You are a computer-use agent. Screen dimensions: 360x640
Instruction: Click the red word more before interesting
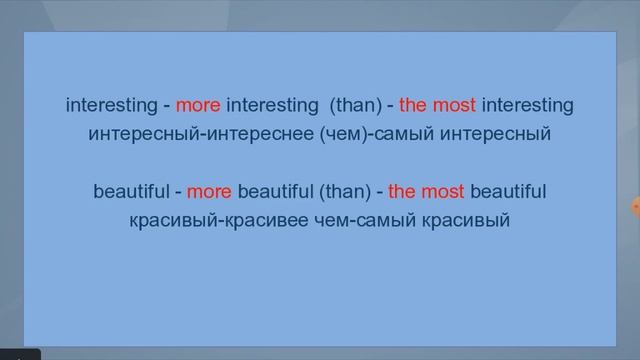tap(198, 105)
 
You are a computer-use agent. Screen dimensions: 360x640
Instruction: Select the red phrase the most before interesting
tap(437, 105)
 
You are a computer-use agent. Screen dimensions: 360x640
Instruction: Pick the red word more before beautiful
tap(209, 191)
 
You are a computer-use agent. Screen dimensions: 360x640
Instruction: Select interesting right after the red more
tap(271, 105)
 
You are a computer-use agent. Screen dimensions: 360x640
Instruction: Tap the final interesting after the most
tap(527, 105)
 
